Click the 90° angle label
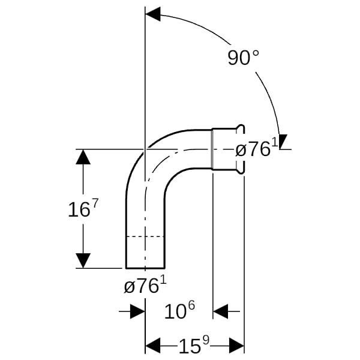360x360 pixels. (244, 58)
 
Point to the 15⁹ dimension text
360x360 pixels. (194, 344)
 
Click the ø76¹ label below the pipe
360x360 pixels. (145, 285)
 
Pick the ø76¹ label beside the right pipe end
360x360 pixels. (257, 148)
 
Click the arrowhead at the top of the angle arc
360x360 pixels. (153, 14)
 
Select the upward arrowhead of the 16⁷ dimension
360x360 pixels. (83, 157)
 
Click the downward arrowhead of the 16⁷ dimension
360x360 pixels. (83, 260)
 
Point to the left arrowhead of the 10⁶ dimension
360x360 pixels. (137, 311)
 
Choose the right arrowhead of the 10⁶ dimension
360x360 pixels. (220, 311)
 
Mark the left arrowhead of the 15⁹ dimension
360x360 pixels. (153, 345)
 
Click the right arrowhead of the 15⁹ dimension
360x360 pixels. (236, 345)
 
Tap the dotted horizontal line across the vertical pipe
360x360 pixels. (145, 236)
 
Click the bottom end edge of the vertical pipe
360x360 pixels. (145, 268)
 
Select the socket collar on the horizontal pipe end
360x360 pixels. (228, 149)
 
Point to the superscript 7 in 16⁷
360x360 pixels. (95, 203)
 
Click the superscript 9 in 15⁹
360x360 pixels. (206, 341)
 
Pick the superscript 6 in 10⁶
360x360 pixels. (191, 305)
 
